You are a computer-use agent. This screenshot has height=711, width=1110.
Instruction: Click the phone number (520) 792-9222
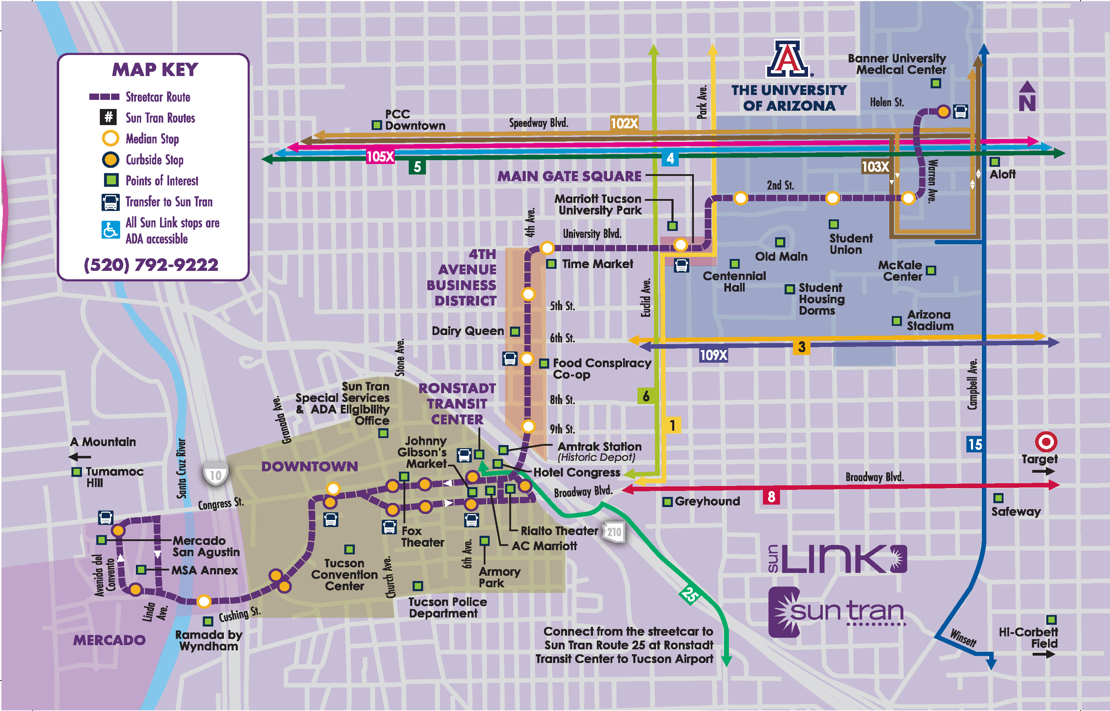tap(151, 265)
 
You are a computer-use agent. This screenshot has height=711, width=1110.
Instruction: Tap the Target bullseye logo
tap(1046, 442)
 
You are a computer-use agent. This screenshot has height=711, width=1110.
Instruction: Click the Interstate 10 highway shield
tap(215, 474)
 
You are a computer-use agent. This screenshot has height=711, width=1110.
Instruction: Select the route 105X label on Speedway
tap(380, 157)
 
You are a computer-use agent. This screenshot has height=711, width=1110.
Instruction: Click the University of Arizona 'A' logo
tap(788, 59)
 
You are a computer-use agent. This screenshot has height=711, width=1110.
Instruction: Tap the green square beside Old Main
tap(780, 242)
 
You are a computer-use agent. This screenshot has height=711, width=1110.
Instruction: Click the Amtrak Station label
tap(599, 446)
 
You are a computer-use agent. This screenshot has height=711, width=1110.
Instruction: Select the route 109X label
tap(713, 355)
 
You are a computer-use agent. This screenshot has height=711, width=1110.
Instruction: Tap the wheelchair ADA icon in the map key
tap(111, 230)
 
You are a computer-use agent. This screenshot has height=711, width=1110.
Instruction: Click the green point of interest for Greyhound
tap(667, 502)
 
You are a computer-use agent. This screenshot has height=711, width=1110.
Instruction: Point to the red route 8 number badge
tap(771, 497)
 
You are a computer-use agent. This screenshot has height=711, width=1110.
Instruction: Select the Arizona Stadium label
tap(930, 320)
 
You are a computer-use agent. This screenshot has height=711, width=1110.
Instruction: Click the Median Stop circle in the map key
tap(111, 138)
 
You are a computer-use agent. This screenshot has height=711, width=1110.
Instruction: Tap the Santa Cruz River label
tap(181, 469)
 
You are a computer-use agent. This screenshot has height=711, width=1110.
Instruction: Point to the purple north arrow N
tap(1027, 97)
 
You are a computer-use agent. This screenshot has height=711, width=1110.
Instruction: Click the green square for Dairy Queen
tap(515, 331)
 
